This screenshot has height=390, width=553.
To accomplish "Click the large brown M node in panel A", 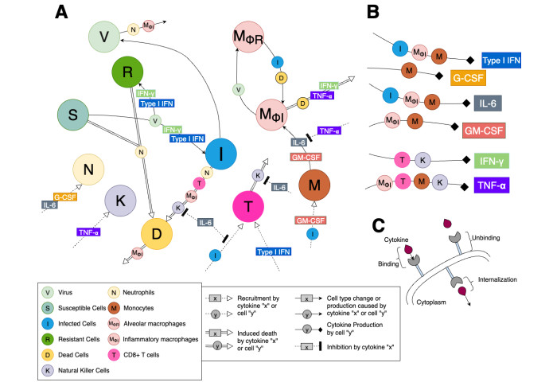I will [x=321, y=185].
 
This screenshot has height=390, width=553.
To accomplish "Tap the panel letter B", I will [x=371, y=13].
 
